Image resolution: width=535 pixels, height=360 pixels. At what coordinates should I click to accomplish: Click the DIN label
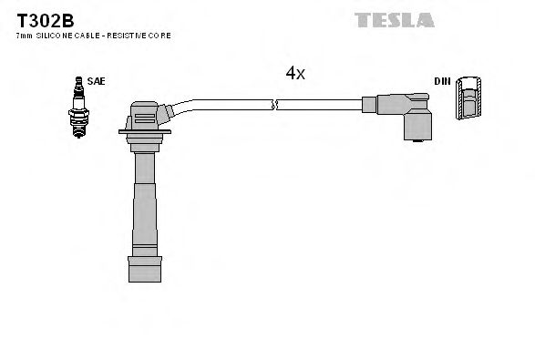click(x=441, y=81)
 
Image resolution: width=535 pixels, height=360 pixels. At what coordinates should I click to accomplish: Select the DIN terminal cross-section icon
click(x=468, y=98)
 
